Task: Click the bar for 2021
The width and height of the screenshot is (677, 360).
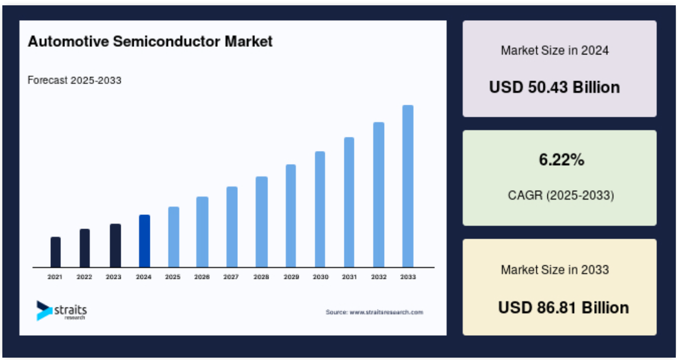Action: (x=56, y=252)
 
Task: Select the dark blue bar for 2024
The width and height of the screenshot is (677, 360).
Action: (x=144, y=241)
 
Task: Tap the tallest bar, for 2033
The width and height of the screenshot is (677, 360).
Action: (x=408, y=187)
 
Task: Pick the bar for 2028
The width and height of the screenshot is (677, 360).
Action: (x=262, y=222)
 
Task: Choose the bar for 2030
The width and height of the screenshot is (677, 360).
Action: (x=320, y=209)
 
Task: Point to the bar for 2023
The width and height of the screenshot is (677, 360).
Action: (x=115, y=246)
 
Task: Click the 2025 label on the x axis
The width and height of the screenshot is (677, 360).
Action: (x=173, y=277)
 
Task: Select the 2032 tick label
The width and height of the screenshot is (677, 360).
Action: (x=379, y=277)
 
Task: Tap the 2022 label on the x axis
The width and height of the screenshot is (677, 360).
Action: (x=84, y=277)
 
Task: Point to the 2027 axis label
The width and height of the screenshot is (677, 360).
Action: (x=231, y=277)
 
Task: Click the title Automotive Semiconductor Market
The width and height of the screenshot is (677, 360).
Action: (x=150, y=41)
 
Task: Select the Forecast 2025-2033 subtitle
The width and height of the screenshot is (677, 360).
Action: (x=74, y=81)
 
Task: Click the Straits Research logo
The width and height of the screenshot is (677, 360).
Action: (x=62, y=311)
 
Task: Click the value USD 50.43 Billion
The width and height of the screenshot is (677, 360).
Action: (x=555, y=87)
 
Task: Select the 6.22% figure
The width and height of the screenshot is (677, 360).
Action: (x=561, y=160)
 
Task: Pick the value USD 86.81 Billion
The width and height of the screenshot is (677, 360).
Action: (x=563, y=308)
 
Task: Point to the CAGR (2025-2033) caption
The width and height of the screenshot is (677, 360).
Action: (x=561, y=196)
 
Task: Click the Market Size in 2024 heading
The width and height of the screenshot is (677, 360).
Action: (x=555, y=50)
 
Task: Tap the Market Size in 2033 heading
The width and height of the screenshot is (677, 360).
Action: (x=555, y=269)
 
